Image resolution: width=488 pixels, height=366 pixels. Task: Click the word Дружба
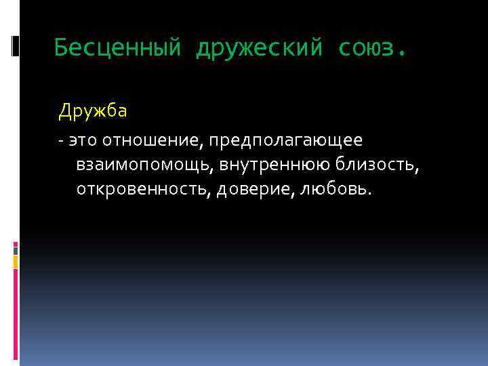coord(92,110)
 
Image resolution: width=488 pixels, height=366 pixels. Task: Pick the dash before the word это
coord(61,141)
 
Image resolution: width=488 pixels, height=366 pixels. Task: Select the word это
coord(81,140)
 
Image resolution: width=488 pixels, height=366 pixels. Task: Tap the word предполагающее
coord(285,140)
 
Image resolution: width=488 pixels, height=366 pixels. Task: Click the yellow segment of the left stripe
coord(16,262)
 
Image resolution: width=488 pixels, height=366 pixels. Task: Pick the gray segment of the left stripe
coord(16,249)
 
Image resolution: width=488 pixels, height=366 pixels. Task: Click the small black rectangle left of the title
coord(16,45)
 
